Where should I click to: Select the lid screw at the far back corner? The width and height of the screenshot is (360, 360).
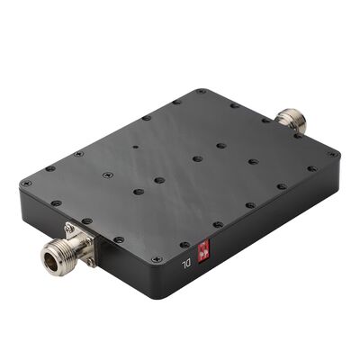point(200,91)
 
